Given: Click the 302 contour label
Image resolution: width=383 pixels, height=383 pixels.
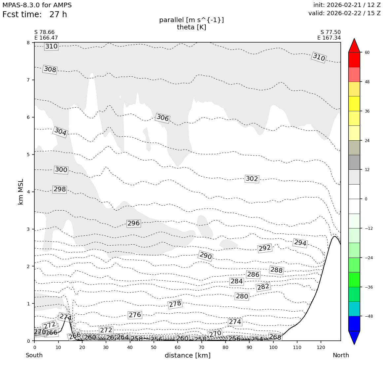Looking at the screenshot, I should pyautogui.click(x=252, y=179).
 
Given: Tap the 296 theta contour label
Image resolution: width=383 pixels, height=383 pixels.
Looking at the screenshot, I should pyautogui.click(x=134, y=224).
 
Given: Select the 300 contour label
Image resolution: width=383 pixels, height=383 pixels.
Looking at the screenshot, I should pyautogui.click(x=61, y=170).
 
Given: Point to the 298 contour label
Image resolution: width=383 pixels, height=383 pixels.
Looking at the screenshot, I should pyautogui.click(x=60, y=190).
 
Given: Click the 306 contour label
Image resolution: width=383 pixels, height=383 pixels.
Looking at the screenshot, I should pyautogui.click(x=162, y=118).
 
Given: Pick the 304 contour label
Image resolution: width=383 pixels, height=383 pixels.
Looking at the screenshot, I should pyautogui.click(x=60, y=132).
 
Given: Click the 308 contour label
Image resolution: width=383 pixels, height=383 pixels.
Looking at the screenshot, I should pyautogui.click(x=50, y=70).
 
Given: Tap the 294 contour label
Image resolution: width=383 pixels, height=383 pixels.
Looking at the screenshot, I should pyautogui.click(x=300, y=243).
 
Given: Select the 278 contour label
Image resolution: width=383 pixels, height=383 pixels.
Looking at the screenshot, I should pyautogui.click(x=175, y=304).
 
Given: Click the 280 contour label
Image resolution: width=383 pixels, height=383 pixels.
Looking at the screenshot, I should pyautogui.click(x=242, y=296).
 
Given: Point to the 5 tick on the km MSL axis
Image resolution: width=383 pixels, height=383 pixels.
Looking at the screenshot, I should pyautogui.click(x=28, y=155).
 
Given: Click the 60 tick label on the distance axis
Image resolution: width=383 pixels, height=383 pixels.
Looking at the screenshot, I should pyautogui.click(x=178, y=347).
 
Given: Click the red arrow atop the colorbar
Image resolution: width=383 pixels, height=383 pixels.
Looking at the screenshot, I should pyautogui.click(x=354, y=46).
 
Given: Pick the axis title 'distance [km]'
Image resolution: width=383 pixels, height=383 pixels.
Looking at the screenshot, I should pyautogui.click(x=188, y=356).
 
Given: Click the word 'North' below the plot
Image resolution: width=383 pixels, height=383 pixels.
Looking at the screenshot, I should pyautogui.click(x=341, y=356).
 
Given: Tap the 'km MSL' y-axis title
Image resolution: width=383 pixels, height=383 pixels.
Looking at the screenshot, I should pyautogui.click(x=21, y=191).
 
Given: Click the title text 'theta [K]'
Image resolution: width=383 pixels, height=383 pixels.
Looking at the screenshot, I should pyautogui.click(x=191, y=27).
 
